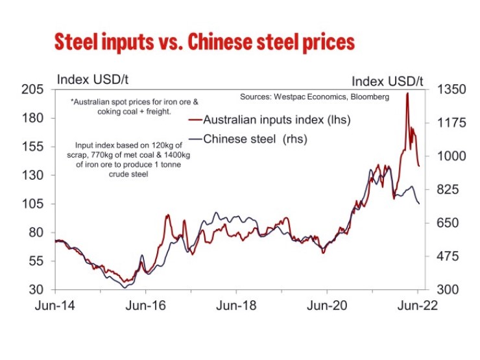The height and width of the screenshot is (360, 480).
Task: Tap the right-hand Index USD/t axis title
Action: click(x=387, y=81)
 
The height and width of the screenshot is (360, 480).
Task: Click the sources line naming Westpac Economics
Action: click(x=315, y=97)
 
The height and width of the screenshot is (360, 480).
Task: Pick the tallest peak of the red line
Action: click(x=407, y=93)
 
